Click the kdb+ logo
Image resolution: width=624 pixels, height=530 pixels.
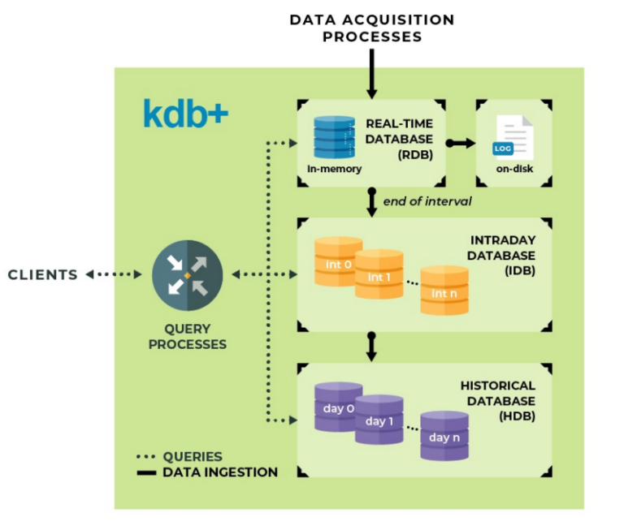(185, 114)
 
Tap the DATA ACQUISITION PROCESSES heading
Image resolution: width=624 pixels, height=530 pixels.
(371, 28)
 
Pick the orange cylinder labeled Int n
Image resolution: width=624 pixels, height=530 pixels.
(444, 291)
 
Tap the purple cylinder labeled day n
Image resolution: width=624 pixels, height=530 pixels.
(444, 436)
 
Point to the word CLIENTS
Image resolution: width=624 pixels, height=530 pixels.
(43, 275)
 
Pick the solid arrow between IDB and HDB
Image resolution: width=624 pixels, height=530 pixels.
(371, 346)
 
